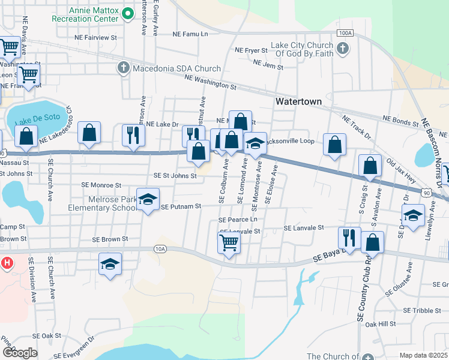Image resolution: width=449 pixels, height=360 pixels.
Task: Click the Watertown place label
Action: click(298, 101)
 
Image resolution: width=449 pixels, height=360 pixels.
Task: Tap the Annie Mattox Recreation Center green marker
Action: click(127, 13)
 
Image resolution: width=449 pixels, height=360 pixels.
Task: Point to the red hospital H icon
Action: click(7, 262)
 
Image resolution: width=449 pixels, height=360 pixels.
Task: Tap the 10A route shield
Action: click(159, 248)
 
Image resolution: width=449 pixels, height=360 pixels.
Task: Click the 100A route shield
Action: click(344, 33)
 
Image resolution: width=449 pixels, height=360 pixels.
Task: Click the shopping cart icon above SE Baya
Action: click(229, 243)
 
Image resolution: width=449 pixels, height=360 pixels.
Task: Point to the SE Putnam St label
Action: click(180, 207)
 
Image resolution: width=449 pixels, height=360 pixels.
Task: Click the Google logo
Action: click(19, 353)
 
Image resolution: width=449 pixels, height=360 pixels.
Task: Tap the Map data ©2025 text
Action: click(423, 355)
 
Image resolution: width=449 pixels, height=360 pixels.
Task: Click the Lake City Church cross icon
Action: click(343, 49)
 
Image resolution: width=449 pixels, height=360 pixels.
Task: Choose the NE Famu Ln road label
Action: click(191, 34)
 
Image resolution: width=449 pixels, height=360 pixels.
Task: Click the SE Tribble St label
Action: click(423, 310)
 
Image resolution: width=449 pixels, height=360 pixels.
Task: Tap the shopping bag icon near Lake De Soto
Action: click(26, 136)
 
